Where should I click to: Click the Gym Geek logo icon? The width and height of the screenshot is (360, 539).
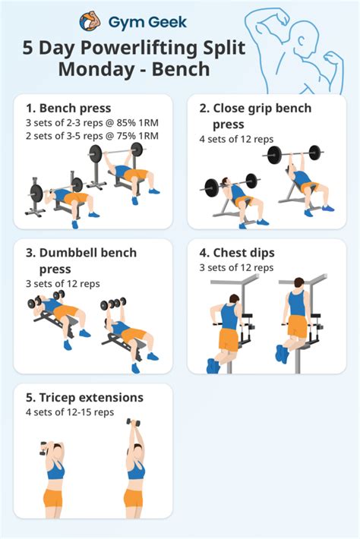90,22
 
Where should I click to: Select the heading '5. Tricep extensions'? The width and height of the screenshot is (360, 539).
84,398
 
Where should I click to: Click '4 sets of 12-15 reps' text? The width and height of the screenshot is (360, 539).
69,412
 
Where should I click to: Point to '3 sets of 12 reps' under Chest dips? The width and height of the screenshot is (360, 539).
236,268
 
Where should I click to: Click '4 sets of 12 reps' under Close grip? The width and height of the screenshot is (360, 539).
236,138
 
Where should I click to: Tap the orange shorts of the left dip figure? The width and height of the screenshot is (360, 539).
229,339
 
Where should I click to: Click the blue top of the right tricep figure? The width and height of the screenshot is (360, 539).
135,470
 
